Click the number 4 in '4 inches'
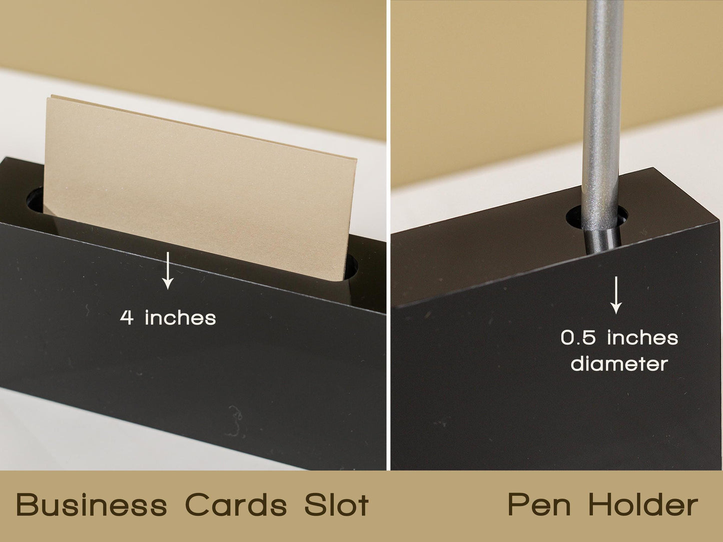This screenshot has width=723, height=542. pos(127,318)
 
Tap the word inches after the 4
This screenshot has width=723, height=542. pos(181,317)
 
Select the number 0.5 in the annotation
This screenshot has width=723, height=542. pos(578,338)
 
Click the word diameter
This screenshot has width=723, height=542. pos(619,363)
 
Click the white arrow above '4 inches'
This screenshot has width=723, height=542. pos(168,270)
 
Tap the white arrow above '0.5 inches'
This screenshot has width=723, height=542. pos(616,295)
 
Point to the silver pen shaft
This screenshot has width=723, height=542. pos(601,112)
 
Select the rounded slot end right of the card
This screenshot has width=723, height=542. pos(350,266)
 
